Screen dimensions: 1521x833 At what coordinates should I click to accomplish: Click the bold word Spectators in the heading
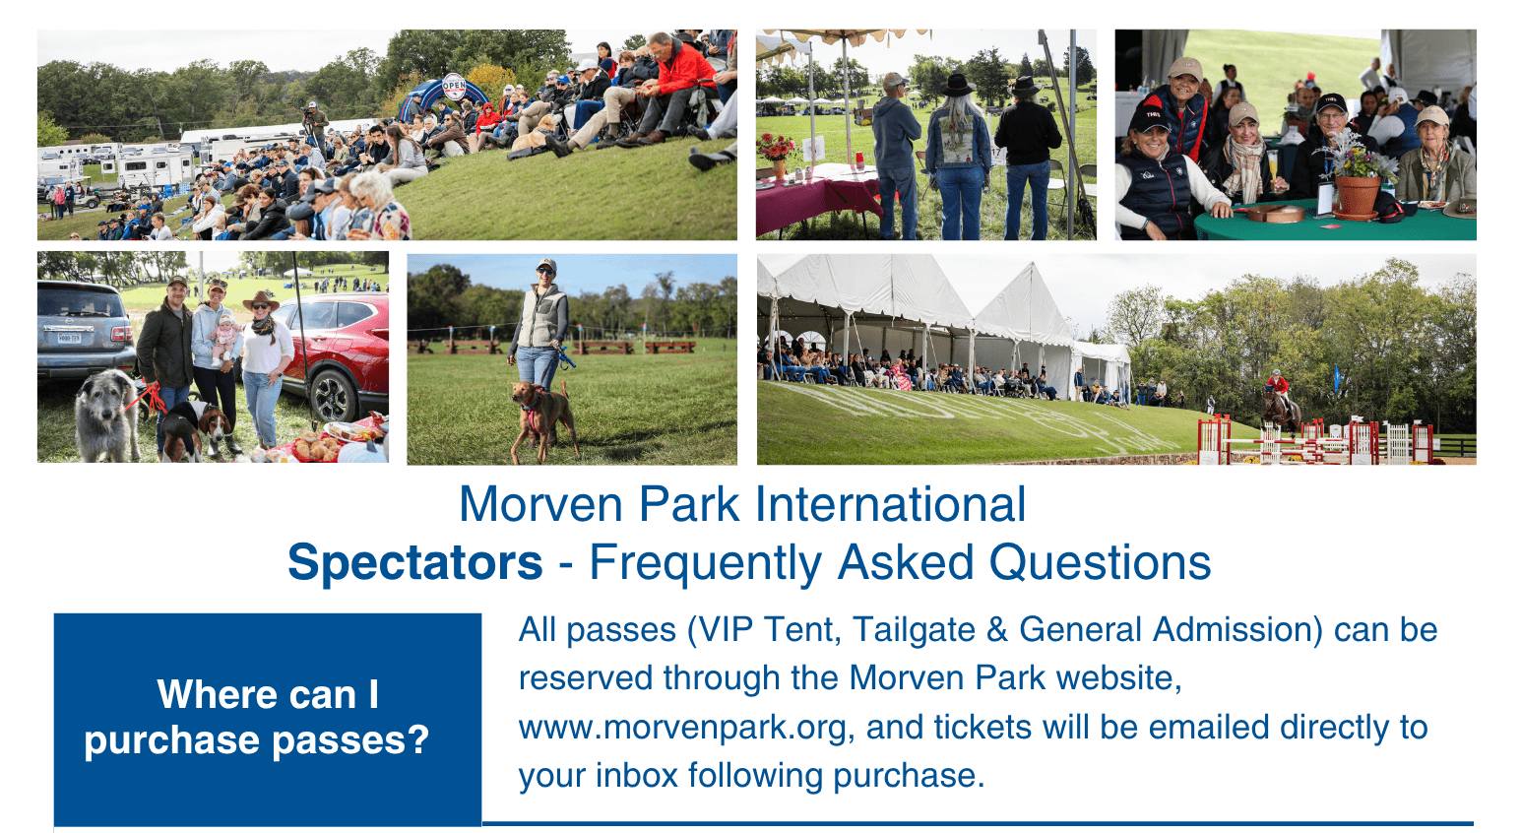click(414, 563)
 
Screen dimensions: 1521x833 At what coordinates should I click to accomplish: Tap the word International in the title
click(890, 504)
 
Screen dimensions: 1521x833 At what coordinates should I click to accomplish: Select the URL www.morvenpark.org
click(682, 728)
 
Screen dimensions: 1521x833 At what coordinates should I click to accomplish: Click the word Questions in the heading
click(1100, 563)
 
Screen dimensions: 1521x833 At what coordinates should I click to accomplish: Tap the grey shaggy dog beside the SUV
click(106, 416)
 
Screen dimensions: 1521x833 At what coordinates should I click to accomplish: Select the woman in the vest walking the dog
click(540, 326)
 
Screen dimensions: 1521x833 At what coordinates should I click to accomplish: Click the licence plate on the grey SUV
click(69, 338)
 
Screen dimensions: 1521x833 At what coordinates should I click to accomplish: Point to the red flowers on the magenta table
click(776, 148)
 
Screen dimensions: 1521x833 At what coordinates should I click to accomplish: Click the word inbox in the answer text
click(636, 776)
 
